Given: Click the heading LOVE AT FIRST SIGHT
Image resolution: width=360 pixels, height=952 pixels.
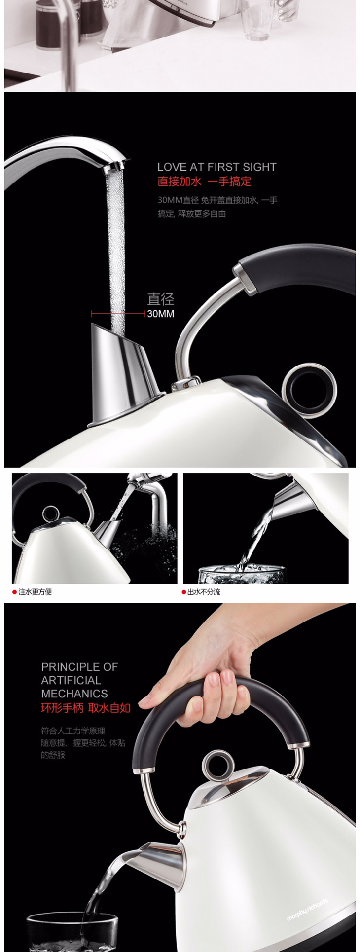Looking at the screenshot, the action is [x=217, y=167].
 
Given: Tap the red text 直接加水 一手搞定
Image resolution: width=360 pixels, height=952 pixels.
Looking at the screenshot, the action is [x=204, y=182].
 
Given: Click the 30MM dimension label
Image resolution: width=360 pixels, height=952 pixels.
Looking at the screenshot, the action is [x=161, y=314].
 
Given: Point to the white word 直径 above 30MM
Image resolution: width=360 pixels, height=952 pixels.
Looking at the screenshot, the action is [x=161, y=299].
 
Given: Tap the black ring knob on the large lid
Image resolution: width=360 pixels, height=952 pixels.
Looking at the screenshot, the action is [x=309, y=385].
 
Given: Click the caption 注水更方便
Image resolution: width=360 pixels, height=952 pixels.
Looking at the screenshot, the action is [x=35, y=592].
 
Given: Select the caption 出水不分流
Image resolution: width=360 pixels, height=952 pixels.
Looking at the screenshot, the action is [x=204, y=592].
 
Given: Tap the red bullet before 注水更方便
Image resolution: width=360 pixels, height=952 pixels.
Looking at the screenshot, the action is [x=15, y=592].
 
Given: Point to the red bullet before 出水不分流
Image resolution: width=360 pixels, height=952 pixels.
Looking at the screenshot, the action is [x=184, y=592].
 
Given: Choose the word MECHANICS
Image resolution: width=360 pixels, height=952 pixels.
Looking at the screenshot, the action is [x=74, y=694].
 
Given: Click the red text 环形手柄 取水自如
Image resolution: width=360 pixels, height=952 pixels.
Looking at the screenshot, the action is [x=86, y=708].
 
